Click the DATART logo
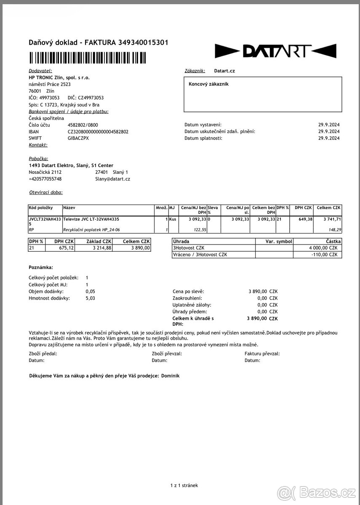[275, 51]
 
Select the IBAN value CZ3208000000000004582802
[98, 132]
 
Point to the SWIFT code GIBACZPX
[78, 138]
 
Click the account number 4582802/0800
[83, 125]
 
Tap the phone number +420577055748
[45, 179]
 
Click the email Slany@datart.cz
[112, 179]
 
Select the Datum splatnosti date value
[329, 138]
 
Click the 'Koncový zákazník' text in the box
[208, 84]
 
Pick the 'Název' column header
[69, 207]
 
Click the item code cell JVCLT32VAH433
[45, 219]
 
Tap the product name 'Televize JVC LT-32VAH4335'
[91, 219]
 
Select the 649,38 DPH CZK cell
[304, 219]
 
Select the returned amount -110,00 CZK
[325, 255]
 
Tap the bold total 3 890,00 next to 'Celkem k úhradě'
[257, 319]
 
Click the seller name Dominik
[170, 376]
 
